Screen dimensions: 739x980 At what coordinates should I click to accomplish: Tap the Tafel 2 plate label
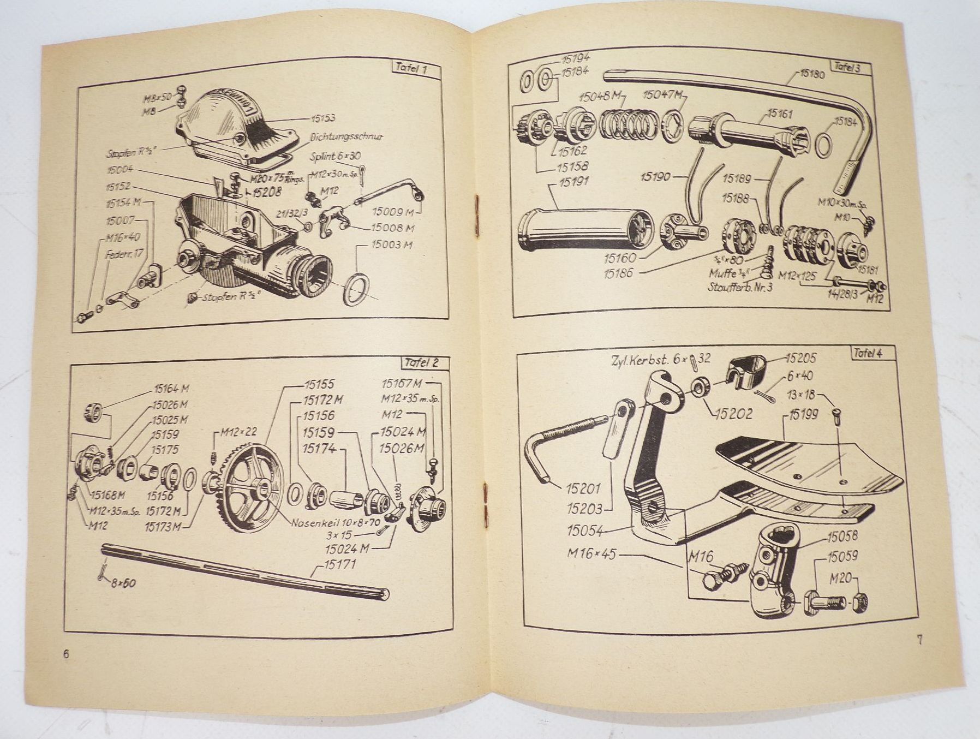click(427, 362)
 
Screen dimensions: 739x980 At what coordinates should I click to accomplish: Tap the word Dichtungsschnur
click(348, 137)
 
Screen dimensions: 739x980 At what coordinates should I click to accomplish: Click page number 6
click(67, 654)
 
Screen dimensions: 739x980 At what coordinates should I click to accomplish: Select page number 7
click(919, 640)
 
